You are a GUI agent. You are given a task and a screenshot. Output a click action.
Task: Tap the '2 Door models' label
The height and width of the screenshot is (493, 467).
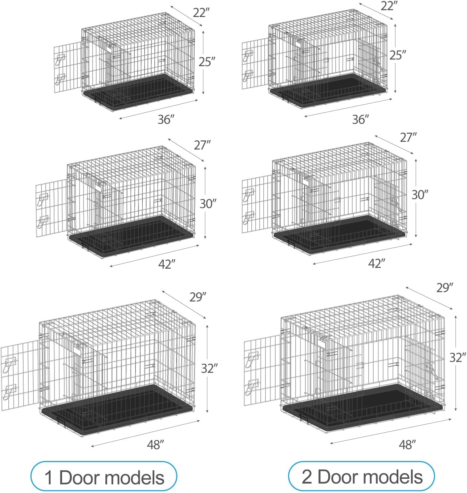click(362, 477)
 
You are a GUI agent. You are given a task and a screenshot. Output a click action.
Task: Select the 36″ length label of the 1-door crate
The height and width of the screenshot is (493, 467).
click(166, 119)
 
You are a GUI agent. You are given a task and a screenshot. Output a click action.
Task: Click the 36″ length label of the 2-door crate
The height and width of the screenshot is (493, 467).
click(360, 119)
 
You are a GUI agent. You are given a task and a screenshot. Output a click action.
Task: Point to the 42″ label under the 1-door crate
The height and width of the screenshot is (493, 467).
click(167, 264)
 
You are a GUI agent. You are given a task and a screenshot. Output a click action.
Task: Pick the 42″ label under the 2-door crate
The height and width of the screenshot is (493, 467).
click(376, 263)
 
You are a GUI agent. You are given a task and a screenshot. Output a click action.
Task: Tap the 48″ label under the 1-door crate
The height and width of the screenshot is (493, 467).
click(156, 445)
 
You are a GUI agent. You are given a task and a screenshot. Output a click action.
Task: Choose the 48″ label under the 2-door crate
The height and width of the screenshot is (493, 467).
click(407, 444)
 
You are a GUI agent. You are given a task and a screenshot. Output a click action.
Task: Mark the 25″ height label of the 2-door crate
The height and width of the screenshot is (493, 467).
click(398, 55)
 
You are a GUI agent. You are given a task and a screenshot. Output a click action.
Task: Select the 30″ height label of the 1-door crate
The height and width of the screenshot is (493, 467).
click(208, 204)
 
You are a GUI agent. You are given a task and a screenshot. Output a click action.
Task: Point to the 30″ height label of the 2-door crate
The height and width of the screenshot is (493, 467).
click(420, 195)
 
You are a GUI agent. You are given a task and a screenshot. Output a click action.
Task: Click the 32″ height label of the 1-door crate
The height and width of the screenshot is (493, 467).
click(210, 368)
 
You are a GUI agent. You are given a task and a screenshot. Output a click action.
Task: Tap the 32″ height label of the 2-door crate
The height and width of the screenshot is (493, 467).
click(458, 357)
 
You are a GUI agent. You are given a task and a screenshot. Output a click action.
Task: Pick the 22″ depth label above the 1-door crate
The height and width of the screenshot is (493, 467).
click(202, 13)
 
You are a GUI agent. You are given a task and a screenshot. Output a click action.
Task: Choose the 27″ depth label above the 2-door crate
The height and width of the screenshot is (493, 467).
click(408, 137)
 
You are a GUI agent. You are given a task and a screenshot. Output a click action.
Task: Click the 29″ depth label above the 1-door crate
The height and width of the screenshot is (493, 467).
click(198, 297)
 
